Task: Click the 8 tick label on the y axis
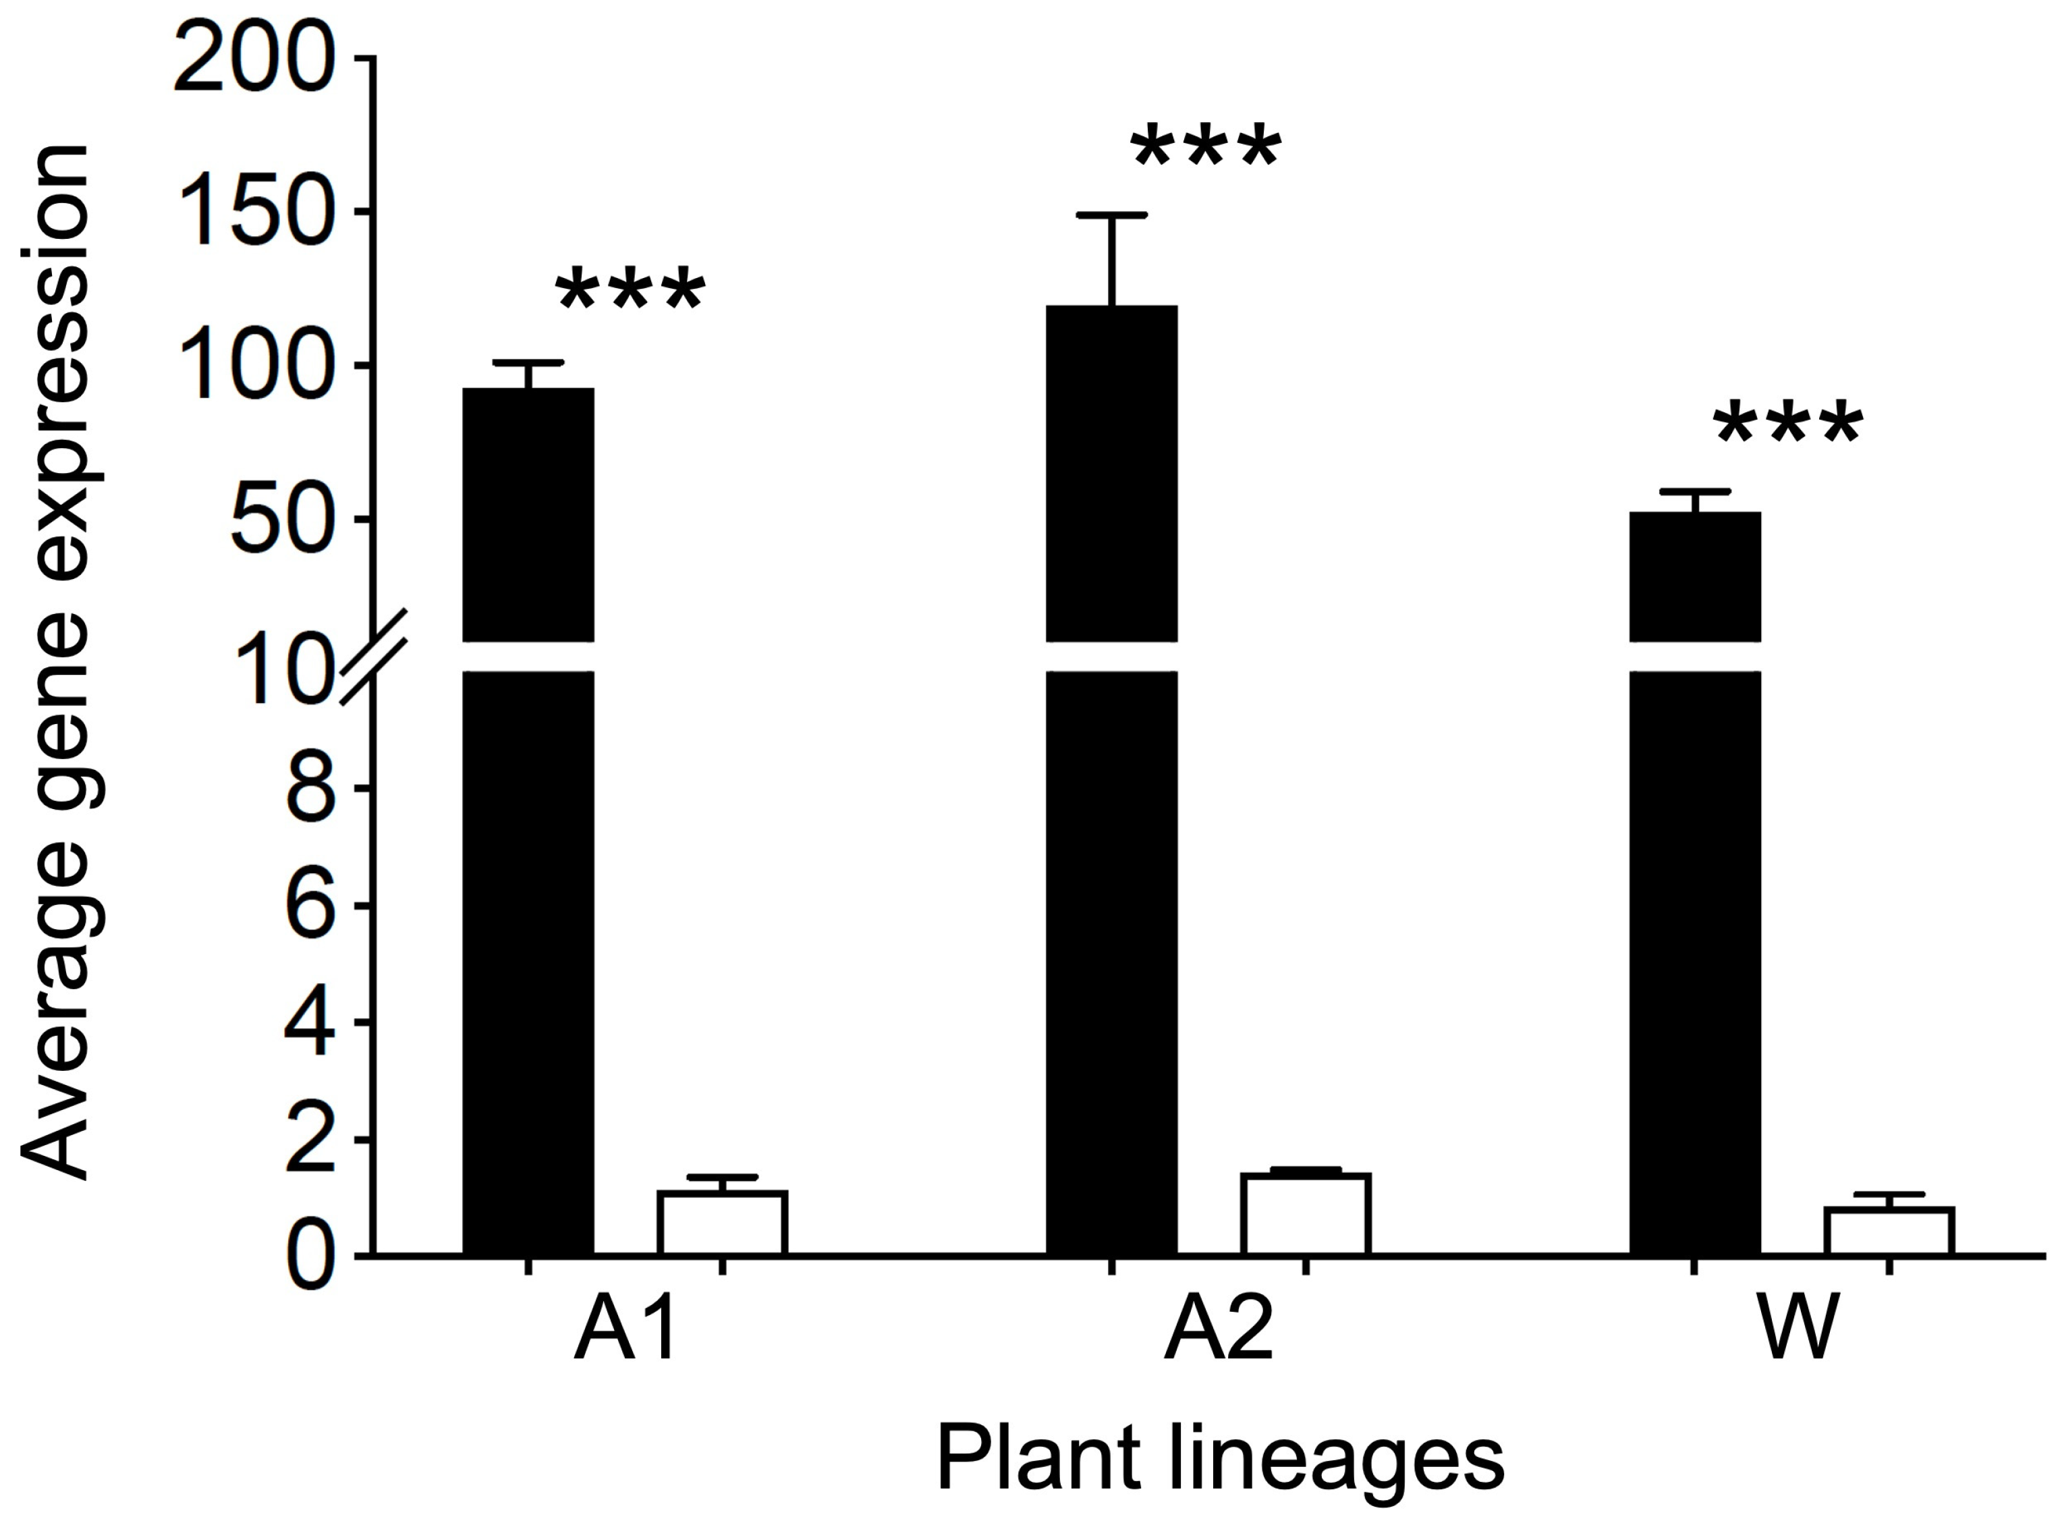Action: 310,789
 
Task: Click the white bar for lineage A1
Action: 722,1223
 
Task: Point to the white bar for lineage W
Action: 1889,1231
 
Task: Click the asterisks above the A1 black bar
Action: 630,291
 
